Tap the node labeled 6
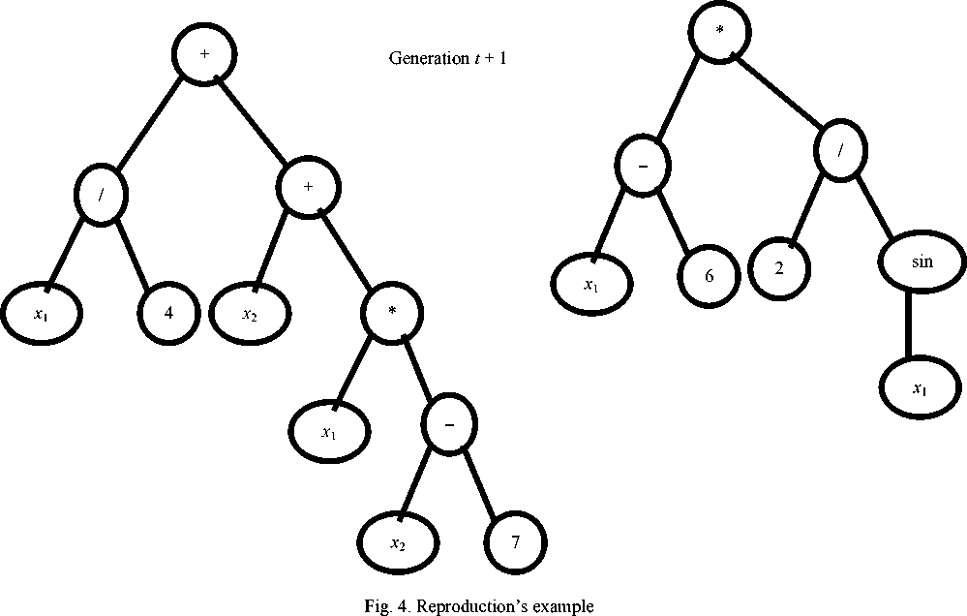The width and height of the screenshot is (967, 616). [709, 275]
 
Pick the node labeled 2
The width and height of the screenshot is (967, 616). [780, 266]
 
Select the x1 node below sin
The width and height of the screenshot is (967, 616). [919, 388]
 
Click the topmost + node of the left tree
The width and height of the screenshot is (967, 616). [204, 54]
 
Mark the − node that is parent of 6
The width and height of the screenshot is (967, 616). [643, 167]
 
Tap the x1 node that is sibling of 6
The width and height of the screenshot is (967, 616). [592, 284]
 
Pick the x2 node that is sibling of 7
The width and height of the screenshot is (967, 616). [398, 543]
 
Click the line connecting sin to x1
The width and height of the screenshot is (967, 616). [911, 326]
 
